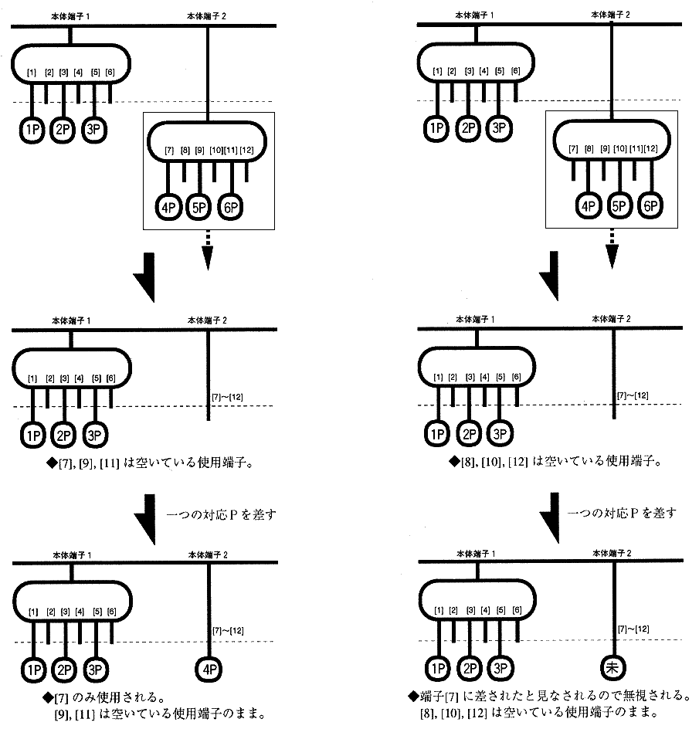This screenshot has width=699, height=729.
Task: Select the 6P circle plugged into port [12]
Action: [650, 206]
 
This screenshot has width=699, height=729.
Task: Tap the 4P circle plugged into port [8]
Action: [589, 206]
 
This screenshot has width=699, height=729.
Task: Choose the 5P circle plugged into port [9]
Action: [200, 207]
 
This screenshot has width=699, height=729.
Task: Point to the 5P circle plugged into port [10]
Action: [619, 206]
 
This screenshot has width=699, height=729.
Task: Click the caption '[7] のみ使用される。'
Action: [108, 697]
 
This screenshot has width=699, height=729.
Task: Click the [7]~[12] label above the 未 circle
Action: [633, 629]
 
